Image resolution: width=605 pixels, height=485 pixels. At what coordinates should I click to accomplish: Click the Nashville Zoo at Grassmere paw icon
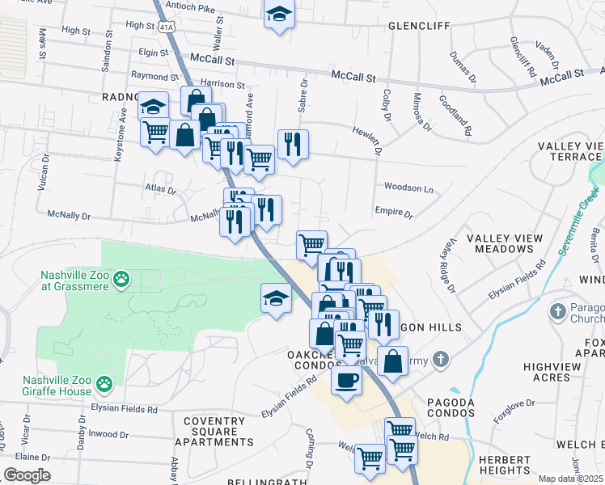(x=121, y=280)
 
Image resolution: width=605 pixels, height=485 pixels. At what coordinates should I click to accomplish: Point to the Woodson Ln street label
(x=408, y=188)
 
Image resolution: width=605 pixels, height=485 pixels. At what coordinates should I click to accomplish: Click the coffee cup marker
(x=347, y=380)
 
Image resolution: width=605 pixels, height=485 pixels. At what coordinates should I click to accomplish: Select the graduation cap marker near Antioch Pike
(x=279, y=13)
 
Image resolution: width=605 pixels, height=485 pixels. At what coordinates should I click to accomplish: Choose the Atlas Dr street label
(x=160, y=191)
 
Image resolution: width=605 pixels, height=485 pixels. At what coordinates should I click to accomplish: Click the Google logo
(x=27, y=475)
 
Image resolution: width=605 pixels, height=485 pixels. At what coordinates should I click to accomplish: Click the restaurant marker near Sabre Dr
(x=293, y=144)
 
